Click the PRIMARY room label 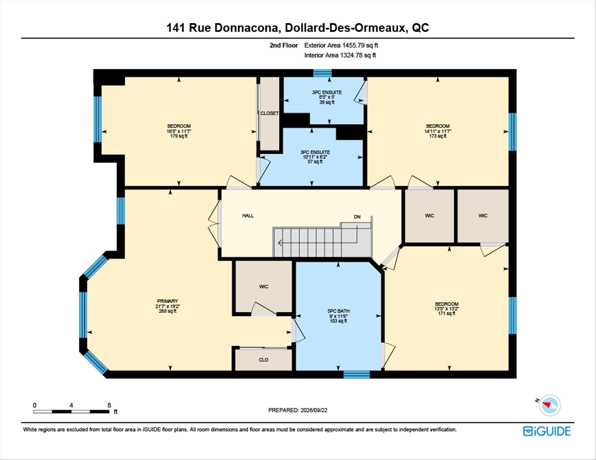pos(167,301)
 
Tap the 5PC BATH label pos(338,311)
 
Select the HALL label pos(248,216)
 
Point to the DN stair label pos(357,217)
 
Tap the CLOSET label pos(269,113)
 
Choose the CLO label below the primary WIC pos(264,360)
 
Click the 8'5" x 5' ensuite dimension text pos(327,97)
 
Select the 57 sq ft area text pos(315,162)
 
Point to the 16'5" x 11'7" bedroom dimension pos(179,131)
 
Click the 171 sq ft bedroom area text pos(447,314)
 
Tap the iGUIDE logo pos(547,431)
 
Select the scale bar pos(71,412)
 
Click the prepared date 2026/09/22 pos(314,410)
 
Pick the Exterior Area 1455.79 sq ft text pos(341,45)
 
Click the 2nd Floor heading pos(284,45)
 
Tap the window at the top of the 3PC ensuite pos(322,73)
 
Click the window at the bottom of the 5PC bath pos(356,374)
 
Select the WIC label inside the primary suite pos(264,287)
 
